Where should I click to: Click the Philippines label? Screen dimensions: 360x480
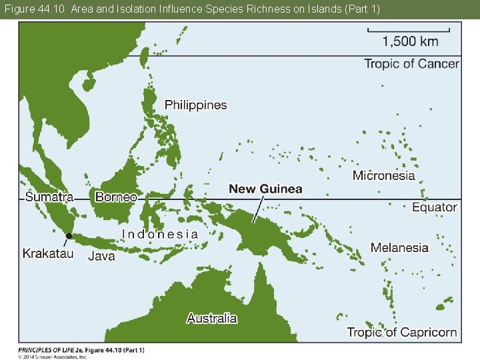click(195, 105)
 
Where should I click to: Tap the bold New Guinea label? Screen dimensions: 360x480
click(265, 189)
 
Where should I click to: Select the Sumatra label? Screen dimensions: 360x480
click(49, 197)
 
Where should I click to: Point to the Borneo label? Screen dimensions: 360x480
click(116, 197)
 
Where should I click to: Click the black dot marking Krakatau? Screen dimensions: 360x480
click(69, 235)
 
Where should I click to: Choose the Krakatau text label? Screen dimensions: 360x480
click(48, 253)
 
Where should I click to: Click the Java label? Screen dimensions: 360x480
click(101, 256)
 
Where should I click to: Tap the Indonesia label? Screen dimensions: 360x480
click(159, 234)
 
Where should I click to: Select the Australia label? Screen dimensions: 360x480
click(211, 318)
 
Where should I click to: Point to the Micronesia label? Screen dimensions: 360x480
click(383, 176)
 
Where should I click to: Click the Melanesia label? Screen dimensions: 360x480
click(399, 247)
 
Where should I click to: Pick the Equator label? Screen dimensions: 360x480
click(434, 207)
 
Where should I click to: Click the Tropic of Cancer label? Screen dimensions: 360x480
click(411, 64)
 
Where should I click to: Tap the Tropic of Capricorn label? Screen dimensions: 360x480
click(401, 332)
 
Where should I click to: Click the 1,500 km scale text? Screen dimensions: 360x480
click(410, 42)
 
